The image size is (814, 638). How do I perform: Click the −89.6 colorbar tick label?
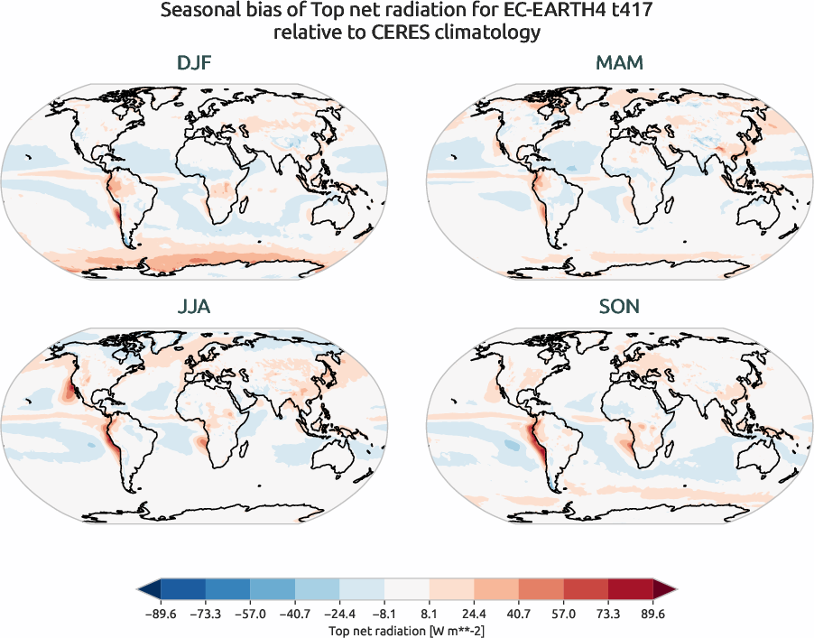(162, 615)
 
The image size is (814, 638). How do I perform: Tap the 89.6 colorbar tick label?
(652, 615)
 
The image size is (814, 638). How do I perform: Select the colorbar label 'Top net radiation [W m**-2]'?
(407, 630)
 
